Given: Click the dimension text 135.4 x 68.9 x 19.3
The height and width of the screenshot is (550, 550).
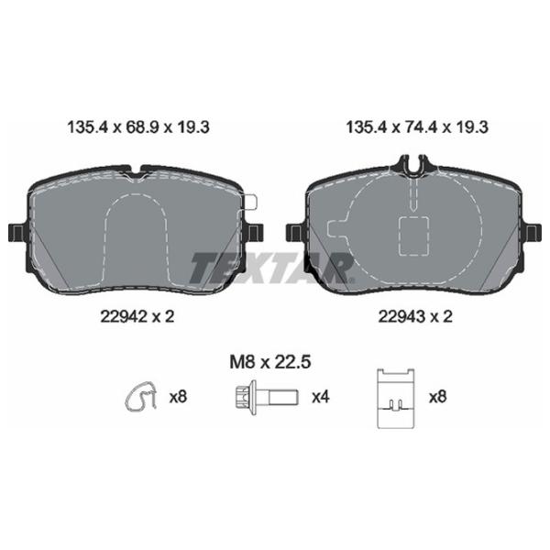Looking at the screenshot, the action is [138, 127].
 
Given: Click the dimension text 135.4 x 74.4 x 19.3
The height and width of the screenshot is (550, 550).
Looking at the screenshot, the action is [417, 127].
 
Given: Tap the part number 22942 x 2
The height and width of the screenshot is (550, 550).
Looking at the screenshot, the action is [137, 317].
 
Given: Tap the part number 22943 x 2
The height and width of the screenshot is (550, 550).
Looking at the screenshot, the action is [415, 317].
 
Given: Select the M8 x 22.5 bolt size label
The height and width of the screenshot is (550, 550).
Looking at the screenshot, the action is [270, 362].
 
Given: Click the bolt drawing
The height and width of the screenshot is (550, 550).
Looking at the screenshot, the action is [267, 398].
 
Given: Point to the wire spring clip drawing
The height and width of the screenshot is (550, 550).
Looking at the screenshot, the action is [141, 396].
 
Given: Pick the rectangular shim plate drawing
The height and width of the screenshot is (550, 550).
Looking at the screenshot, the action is [396, 399].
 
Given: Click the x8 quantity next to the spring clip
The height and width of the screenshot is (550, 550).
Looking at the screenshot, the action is [178, 397].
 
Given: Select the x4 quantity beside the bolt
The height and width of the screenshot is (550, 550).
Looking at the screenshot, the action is [321, 397].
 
